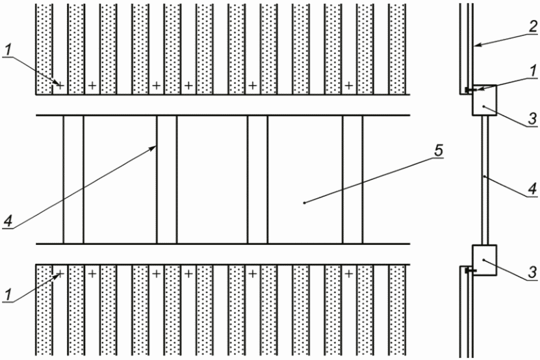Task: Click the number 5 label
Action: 440,151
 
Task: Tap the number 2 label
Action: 530,29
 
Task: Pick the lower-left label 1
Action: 7,296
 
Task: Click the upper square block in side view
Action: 483,101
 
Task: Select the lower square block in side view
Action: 483,260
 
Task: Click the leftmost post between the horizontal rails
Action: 73,180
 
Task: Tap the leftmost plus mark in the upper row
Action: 60,85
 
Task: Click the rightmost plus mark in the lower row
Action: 349,274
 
